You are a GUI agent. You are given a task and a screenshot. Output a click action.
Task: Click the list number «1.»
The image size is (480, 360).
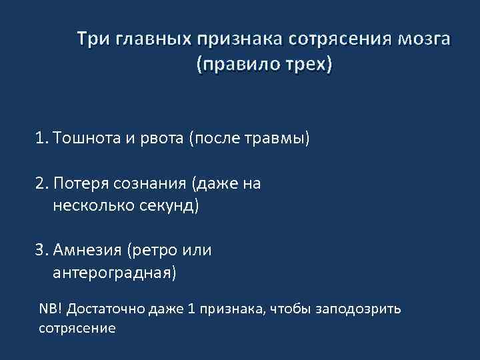43,139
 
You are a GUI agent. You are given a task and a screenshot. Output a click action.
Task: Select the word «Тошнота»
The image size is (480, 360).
83,139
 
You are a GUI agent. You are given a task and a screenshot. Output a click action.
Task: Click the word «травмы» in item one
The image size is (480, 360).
281,139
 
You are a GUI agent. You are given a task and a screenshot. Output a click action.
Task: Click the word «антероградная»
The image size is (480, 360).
112,272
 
